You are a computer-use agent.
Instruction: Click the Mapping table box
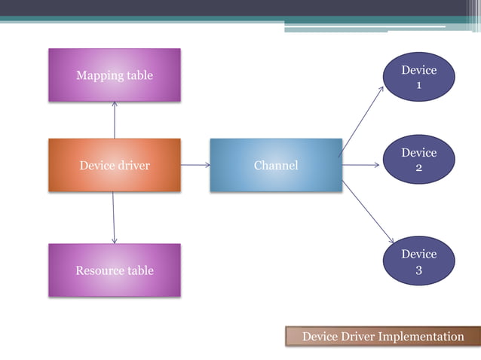[x=115, y=75]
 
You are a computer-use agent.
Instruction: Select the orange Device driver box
[x=115, y=165]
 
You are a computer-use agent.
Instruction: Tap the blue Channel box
[x=275, y=165]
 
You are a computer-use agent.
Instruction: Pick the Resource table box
[x=115, y=270]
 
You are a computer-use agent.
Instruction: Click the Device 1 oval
[x=418, y=77]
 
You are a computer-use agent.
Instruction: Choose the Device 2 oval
[x=418, y=160]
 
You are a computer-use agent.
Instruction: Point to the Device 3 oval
[x=418, y=261]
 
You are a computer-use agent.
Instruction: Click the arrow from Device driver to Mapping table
[x=115, y=121]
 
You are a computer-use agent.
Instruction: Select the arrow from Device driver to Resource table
[x=114, y=217]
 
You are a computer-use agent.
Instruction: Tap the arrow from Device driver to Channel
[x=195, y=165]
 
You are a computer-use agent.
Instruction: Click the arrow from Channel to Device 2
[x=361, y=165]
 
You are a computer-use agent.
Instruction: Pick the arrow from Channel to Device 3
[x=368, y=212]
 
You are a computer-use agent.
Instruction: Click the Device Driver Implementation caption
[x=383, y=337]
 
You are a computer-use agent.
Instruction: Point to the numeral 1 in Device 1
[x=419, y=85]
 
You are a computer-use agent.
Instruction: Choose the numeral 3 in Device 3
[x=419, y=270]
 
